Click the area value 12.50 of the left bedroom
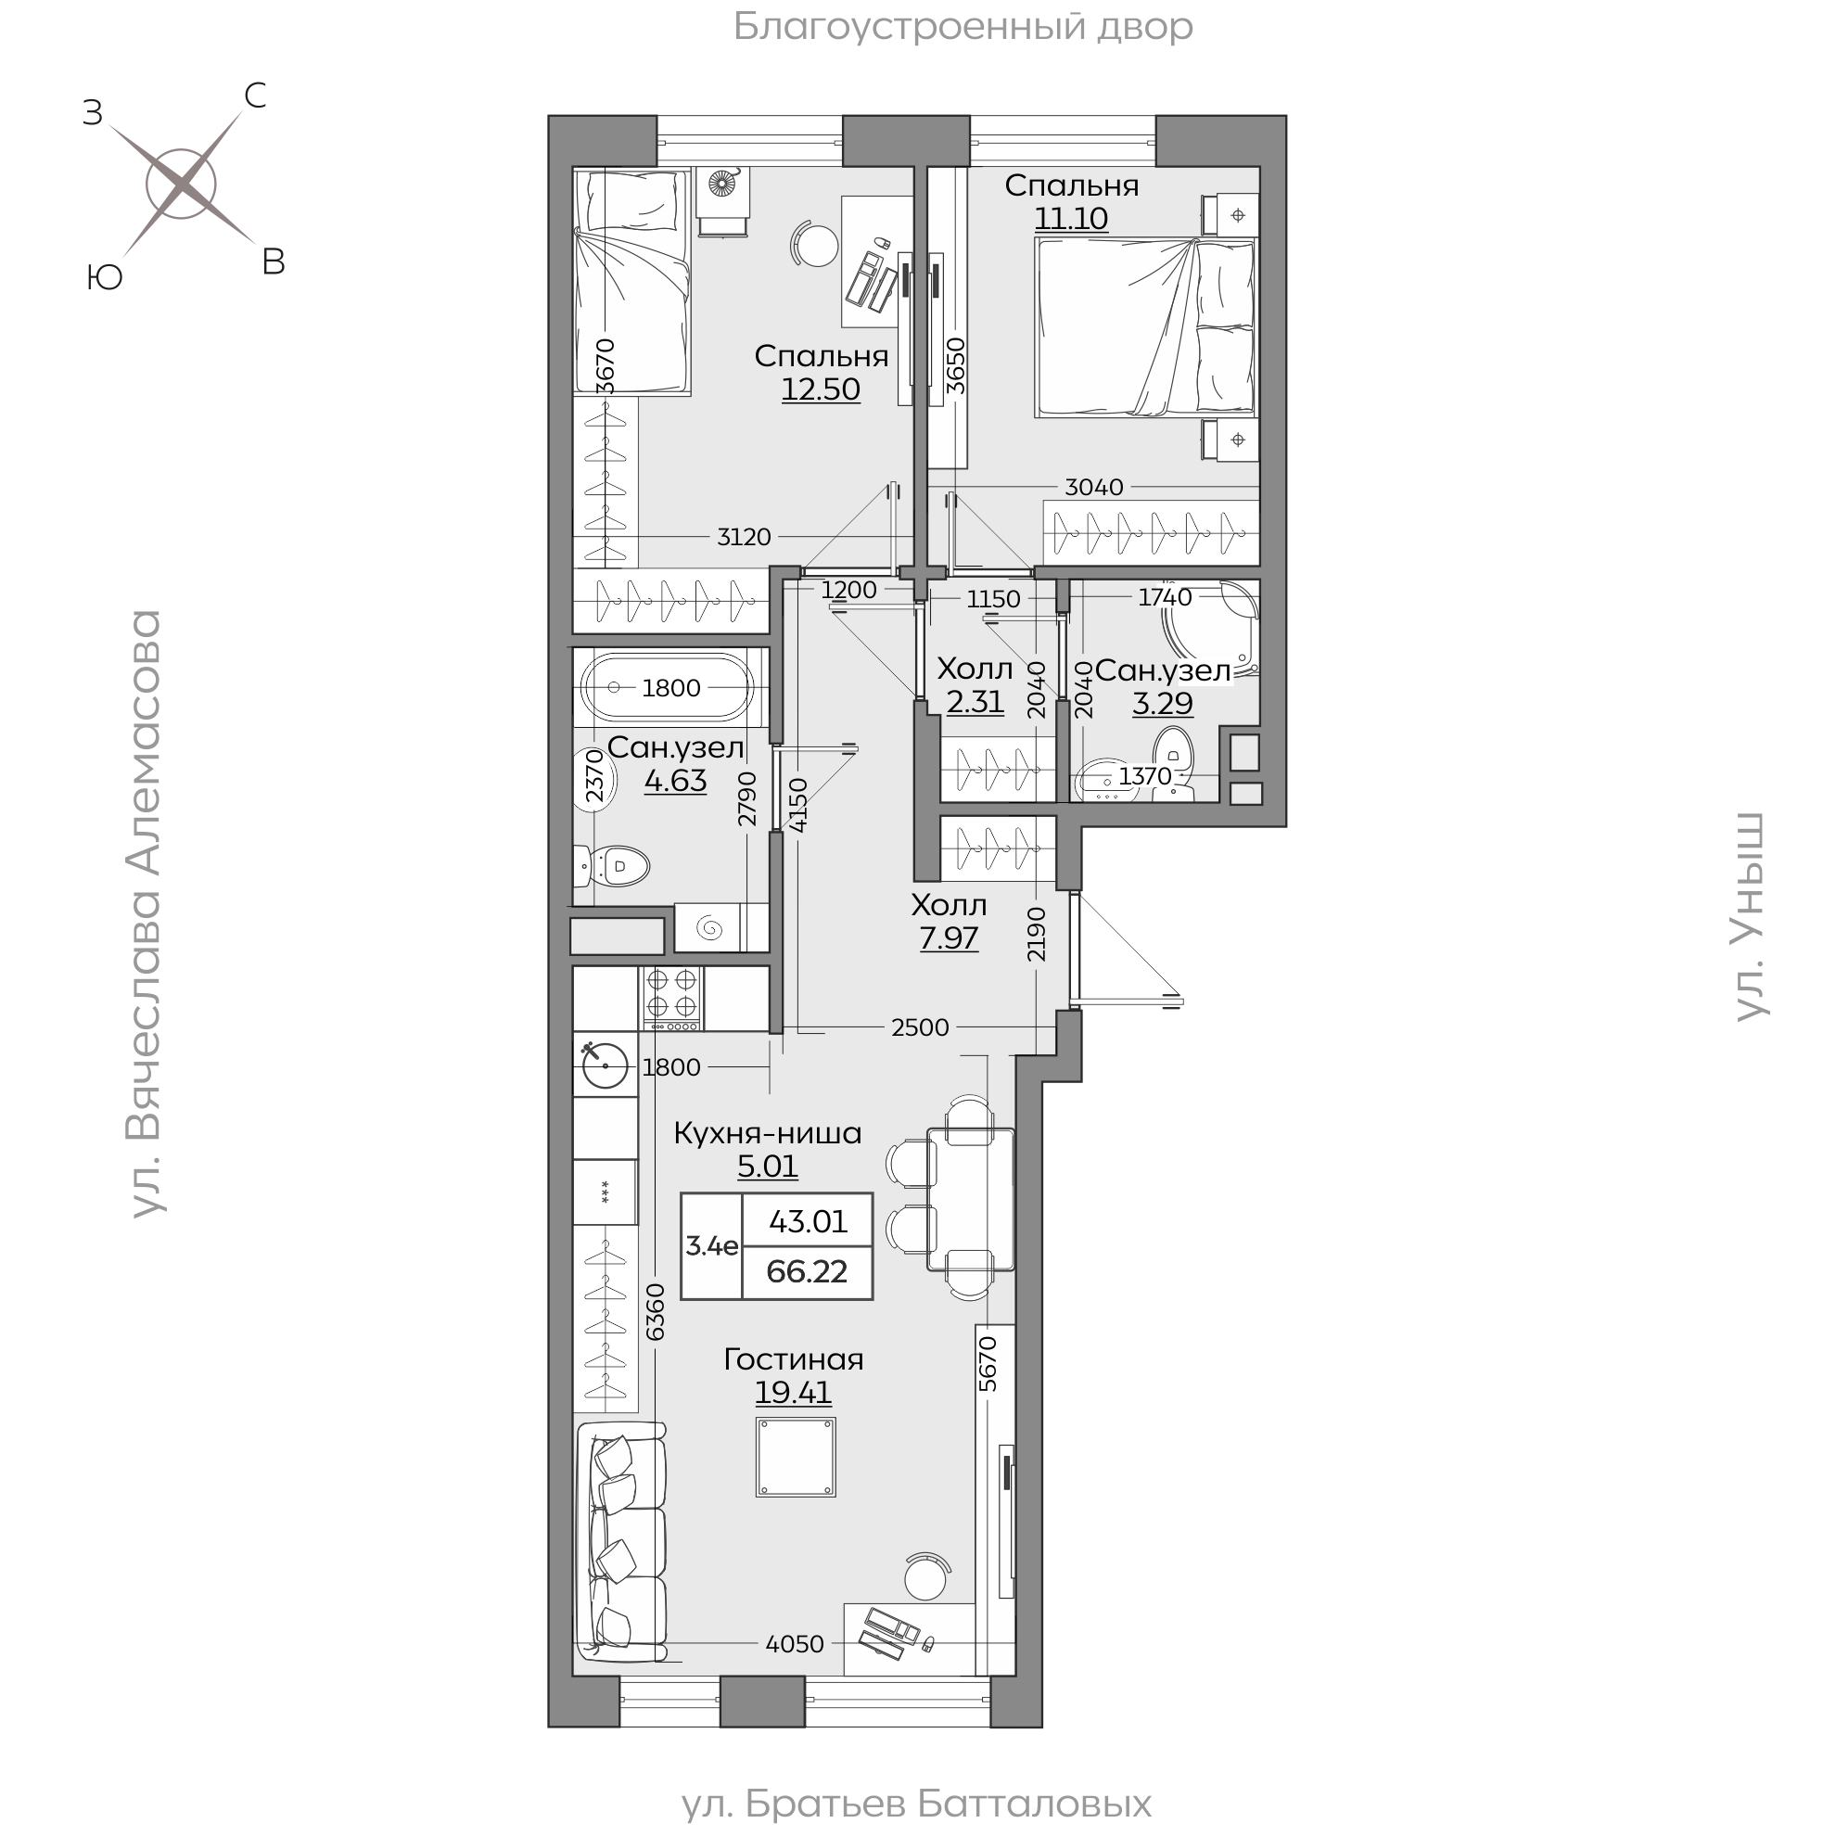click(x=821, y=389)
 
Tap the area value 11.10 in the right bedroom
click(x=1071, y=219)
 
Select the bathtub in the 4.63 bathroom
click(x=667, y=687)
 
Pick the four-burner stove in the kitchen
click(x=673, y=998)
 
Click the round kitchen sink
click(x=606, y=1065)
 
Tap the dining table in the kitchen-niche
click(x=971, y=1198)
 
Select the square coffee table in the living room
click(x=797, y=1458)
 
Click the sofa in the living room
click(x=620, y=1555)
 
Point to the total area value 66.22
click(x=807, y=1271)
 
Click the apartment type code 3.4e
click(x=713, y=1246)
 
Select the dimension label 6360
click(x=656, y=1312)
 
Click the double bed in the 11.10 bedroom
click(x=1146, y=328)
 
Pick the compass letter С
click(x=255, y=95)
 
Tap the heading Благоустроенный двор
click(x=963, y=27)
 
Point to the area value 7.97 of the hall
click(x=949, y=938)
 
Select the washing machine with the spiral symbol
click(x=709, y=927)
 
